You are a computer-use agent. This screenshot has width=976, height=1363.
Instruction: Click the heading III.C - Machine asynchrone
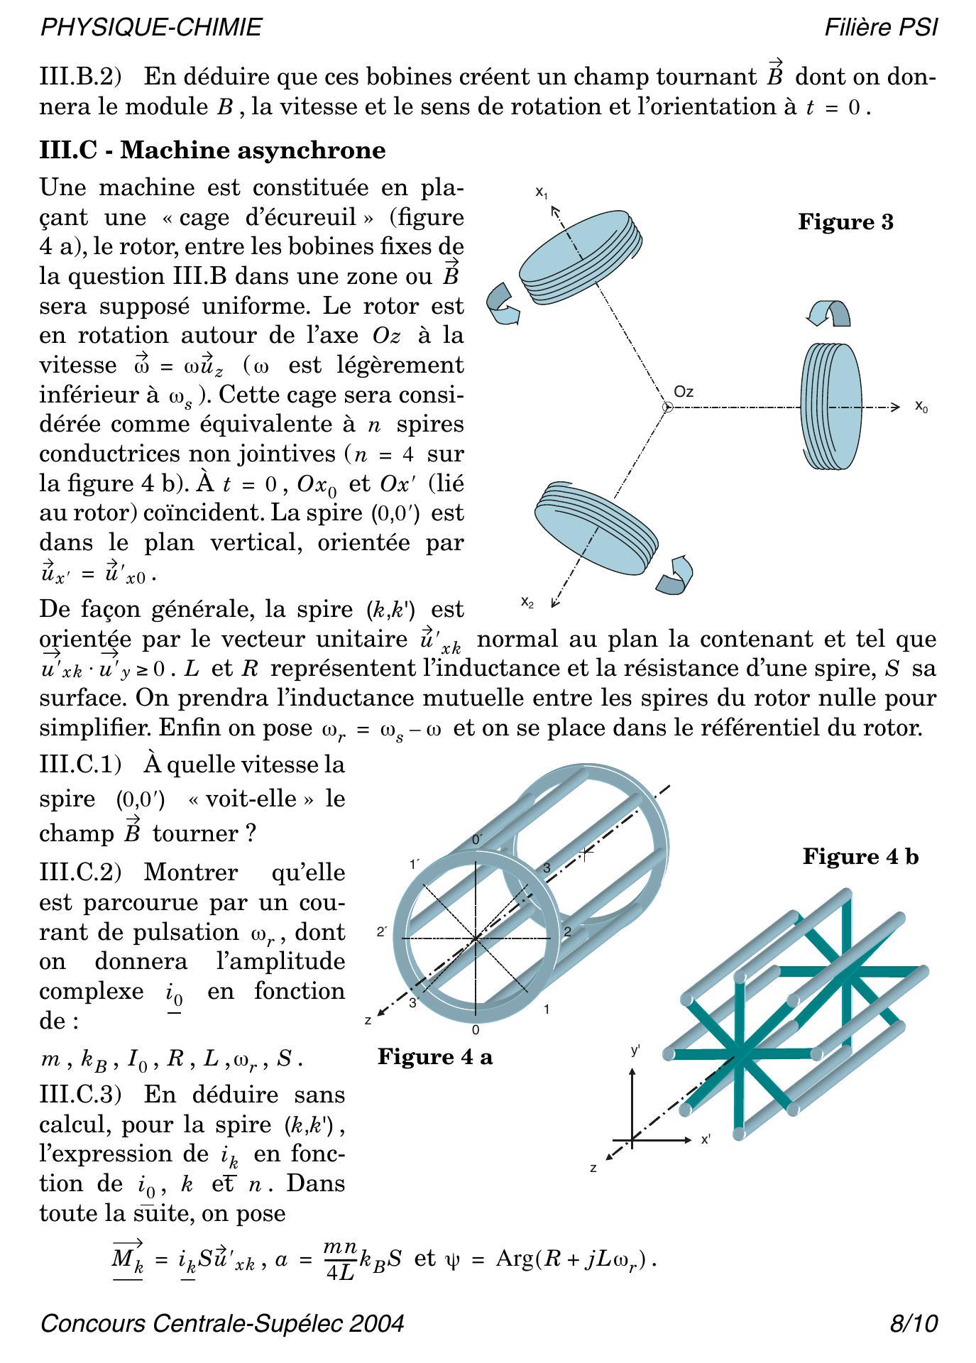pyautogui.click(x=212, y=150)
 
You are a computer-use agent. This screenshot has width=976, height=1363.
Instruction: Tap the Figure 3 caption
pyautogui.click(x=845, y=222)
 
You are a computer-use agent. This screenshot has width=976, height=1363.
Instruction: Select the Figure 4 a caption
pyautogui.click(x=434, y=1057)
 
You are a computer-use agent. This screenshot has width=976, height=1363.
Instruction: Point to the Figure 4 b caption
pyautogui.click(x=860, y=857)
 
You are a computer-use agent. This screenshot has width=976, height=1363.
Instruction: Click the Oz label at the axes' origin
pyautogui.click(x=684, y=392)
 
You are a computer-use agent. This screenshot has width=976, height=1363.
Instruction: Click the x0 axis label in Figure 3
pyautogui.click(x=921, y=407)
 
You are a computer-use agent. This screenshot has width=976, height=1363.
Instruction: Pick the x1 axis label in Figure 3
pyautogui.click(x=542, y=192)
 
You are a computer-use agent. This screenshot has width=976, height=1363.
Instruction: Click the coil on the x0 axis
pyautogui.click(x=831, y=407)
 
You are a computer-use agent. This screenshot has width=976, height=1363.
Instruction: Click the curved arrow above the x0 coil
pyautogui.click(x=829, y=312)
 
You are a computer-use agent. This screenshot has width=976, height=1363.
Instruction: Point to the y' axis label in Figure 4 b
pyautogui.click(x=635, y=1049)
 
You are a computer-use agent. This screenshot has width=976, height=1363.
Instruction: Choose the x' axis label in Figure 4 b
pyautogui.click(x=706, y=1139)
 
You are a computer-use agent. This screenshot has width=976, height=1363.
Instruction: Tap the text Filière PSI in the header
pyautogui.click(x=880, y=28)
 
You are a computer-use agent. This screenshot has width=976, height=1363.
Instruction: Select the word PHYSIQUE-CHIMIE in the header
pyautogui.click(x=151, y=28)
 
